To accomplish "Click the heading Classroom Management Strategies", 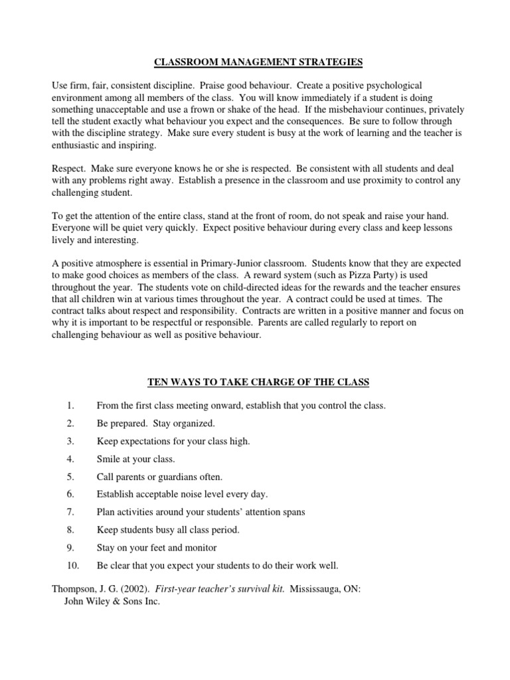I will (258, 62).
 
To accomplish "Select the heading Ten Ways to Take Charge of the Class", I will (258, 382).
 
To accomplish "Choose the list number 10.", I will (72, 566).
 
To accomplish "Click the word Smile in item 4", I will (110, 458).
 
